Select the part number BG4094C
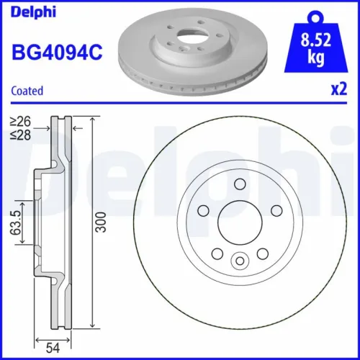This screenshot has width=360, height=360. (54, 52)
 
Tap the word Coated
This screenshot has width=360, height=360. (28, 91)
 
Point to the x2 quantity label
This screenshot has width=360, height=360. (338, 89)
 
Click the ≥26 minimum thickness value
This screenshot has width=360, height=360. (19, 120)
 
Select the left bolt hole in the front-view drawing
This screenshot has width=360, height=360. (202, 210)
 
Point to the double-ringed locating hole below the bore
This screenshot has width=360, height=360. (240, 260)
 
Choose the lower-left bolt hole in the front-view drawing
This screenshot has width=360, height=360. (217, 253)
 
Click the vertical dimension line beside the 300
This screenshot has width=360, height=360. (94, 224)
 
